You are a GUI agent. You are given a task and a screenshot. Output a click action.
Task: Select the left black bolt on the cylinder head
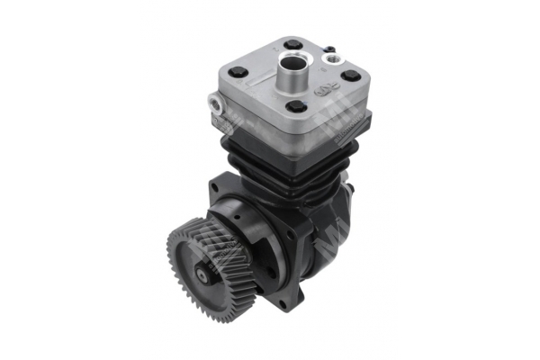tap(237, 74)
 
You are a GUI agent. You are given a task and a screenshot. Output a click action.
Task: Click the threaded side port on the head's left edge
tap(216, 103)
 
